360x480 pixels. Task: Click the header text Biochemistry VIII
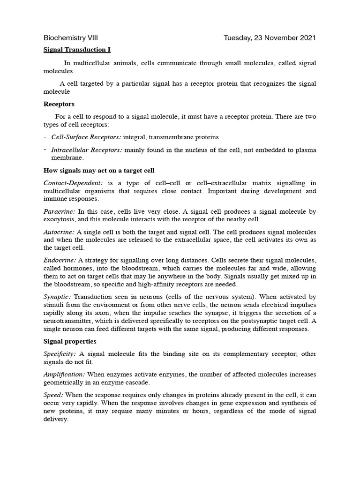tap(70, 38)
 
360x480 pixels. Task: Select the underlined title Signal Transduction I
tap(77, 49)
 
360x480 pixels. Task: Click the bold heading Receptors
tap(59, 104)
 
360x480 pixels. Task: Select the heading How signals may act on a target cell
tap(99, 170)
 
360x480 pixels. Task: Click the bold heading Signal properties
tap(70, 341)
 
